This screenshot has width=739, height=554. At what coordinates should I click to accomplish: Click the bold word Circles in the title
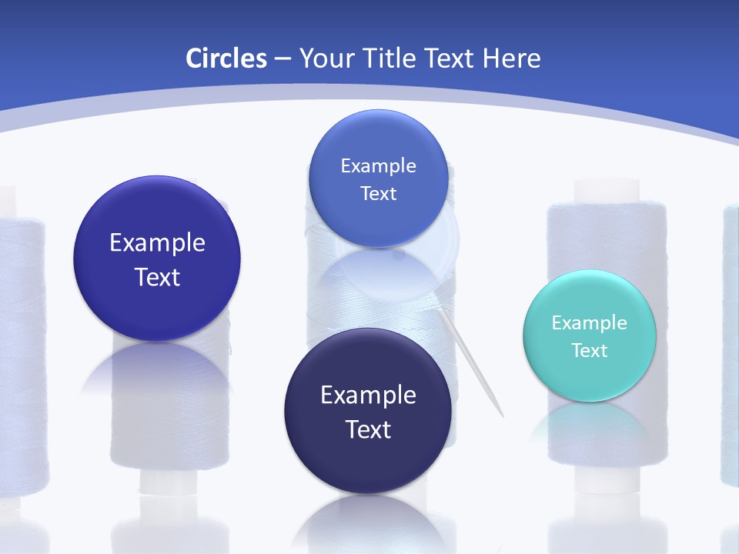coord(226,58)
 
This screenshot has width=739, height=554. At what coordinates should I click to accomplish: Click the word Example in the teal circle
coord(590,323)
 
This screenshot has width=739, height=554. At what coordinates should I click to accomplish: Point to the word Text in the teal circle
coord(590,351)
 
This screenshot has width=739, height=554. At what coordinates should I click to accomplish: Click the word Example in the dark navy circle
coord(368,395)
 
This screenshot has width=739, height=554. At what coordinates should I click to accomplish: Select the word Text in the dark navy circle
coord(368,429)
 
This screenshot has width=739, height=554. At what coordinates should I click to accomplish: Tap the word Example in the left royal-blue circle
coord(157,243)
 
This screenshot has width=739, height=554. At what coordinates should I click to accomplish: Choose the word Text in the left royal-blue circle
coord(157,277)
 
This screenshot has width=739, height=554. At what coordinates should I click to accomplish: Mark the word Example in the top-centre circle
coord(378,166)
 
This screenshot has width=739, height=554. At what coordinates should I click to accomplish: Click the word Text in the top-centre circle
coord(378,194)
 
